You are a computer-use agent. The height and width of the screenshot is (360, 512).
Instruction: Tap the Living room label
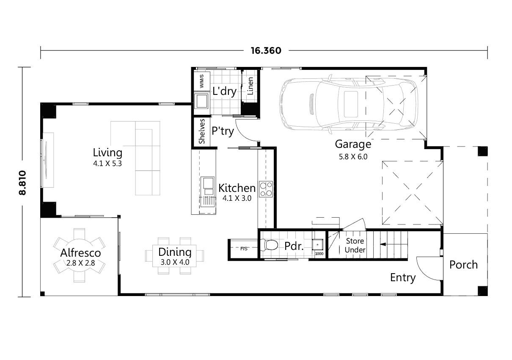(107, 152)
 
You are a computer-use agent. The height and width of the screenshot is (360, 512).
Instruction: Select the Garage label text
(353, 144)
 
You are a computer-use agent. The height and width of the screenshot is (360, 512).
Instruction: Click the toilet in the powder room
(270, 245)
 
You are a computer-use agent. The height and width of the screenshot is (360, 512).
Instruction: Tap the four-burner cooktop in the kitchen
(266, 189)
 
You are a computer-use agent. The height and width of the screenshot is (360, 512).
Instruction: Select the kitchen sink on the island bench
(207, 183)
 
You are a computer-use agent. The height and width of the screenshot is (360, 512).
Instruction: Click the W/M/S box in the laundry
(201, 81)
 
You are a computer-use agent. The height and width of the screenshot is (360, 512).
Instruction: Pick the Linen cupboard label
(250, 86)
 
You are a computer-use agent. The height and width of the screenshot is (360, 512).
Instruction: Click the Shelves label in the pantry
(202, 131)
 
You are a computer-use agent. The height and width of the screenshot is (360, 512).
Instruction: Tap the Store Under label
(355, 246)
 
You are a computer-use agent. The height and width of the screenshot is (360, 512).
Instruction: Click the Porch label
(463, 265)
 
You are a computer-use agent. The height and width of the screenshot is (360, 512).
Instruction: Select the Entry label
(402, 278)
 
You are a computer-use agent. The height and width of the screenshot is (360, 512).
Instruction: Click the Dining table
(174, 256)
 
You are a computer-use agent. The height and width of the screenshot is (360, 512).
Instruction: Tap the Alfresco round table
(80, 256)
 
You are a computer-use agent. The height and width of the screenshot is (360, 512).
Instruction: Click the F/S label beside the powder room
(244, 249)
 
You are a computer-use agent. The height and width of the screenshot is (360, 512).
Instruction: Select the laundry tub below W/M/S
(201, 102)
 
